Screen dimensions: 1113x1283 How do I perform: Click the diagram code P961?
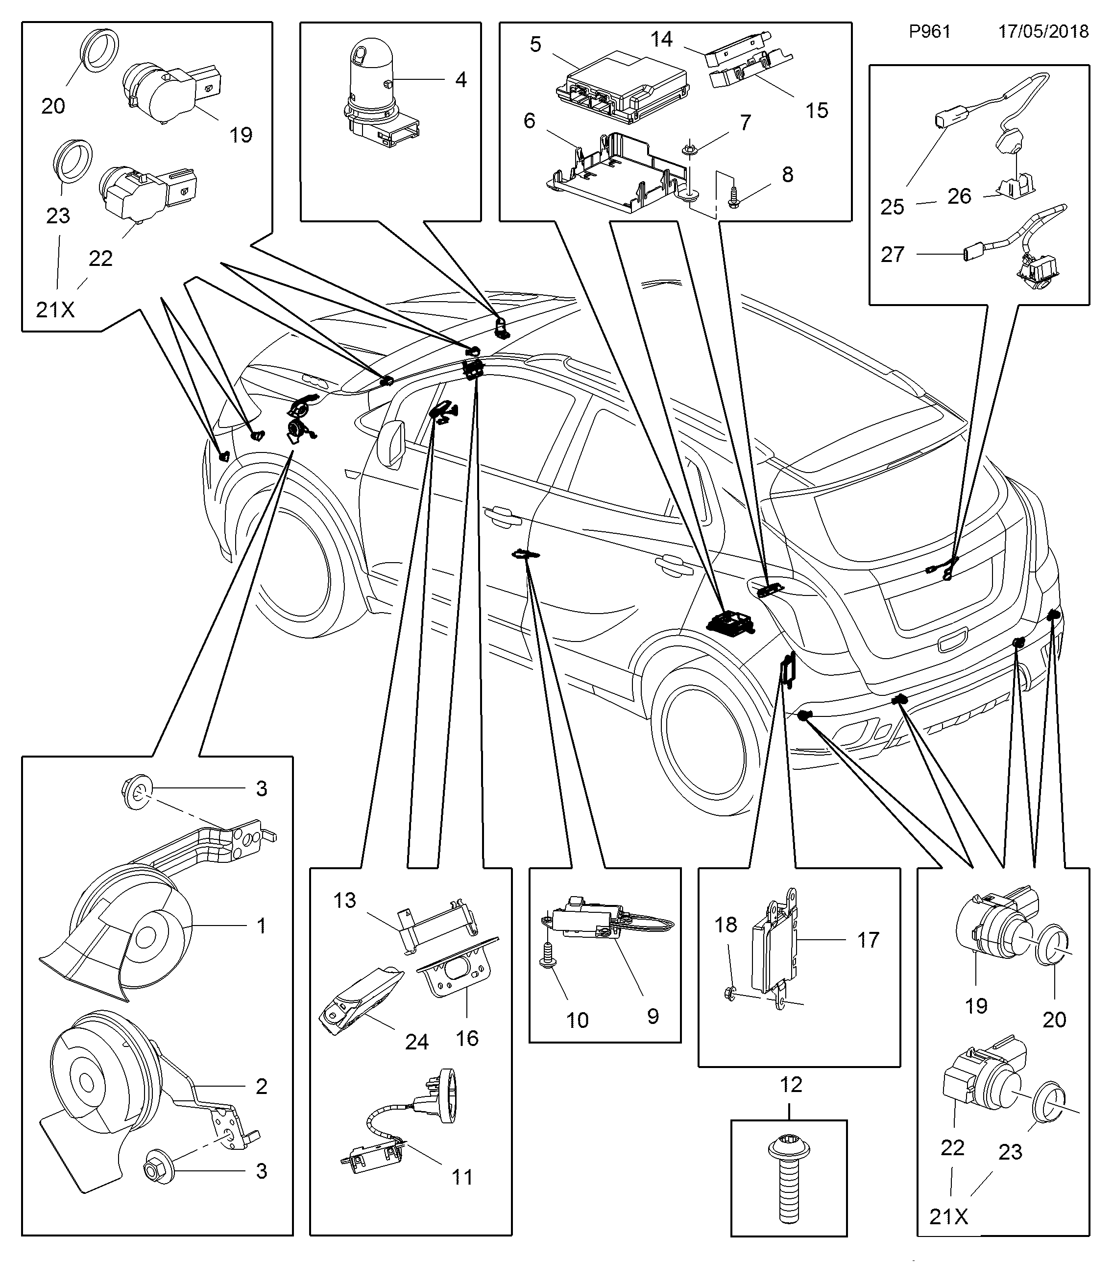tap(930, 32)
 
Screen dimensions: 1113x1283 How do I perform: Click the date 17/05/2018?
tap(1043, 32)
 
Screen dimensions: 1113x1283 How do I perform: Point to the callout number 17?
tap(868, 940)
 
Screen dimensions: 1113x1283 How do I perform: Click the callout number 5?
tap(535, 44)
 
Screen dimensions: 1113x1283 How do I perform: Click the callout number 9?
tap(653, 1016)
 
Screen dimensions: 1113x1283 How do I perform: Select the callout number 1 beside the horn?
tap(262, 926)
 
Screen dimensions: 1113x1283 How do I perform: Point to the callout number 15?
tap(817, 111)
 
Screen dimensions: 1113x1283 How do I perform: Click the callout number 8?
tap(788, 174)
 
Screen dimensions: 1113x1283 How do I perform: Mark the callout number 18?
tap(726, 925)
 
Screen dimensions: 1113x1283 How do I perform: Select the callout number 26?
tap(959, 196)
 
